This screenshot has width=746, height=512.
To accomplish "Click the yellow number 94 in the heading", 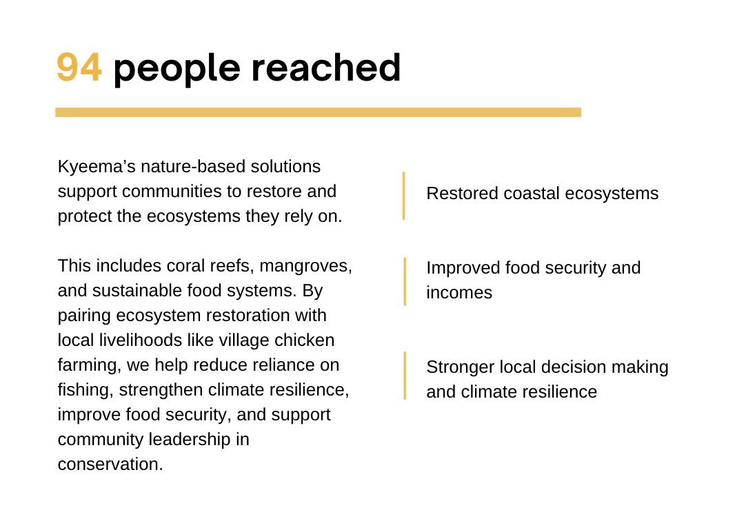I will [x=79, y=68].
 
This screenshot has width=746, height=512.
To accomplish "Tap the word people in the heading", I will [x=177, y=69].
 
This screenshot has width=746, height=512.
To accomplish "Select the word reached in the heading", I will [x=325, y=68].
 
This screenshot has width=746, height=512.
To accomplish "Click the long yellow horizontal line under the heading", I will [x=318, y=112].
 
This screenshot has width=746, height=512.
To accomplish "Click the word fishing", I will [x=85, y=390].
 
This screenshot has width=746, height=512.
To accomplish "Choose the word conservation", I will [x=110, y=464].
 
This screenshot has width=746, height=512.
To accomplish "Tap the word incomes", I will [x=459, y=293].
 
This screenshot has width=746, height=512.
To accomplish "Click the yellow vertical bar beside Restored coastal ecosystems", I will [x=404, y=196].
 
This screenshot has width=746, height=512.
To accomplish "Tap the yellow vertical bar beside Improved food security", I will [x=405, y=281].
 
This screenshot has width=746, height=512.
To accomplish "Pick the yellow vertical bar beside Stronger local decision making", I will [x=405, y=376].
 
